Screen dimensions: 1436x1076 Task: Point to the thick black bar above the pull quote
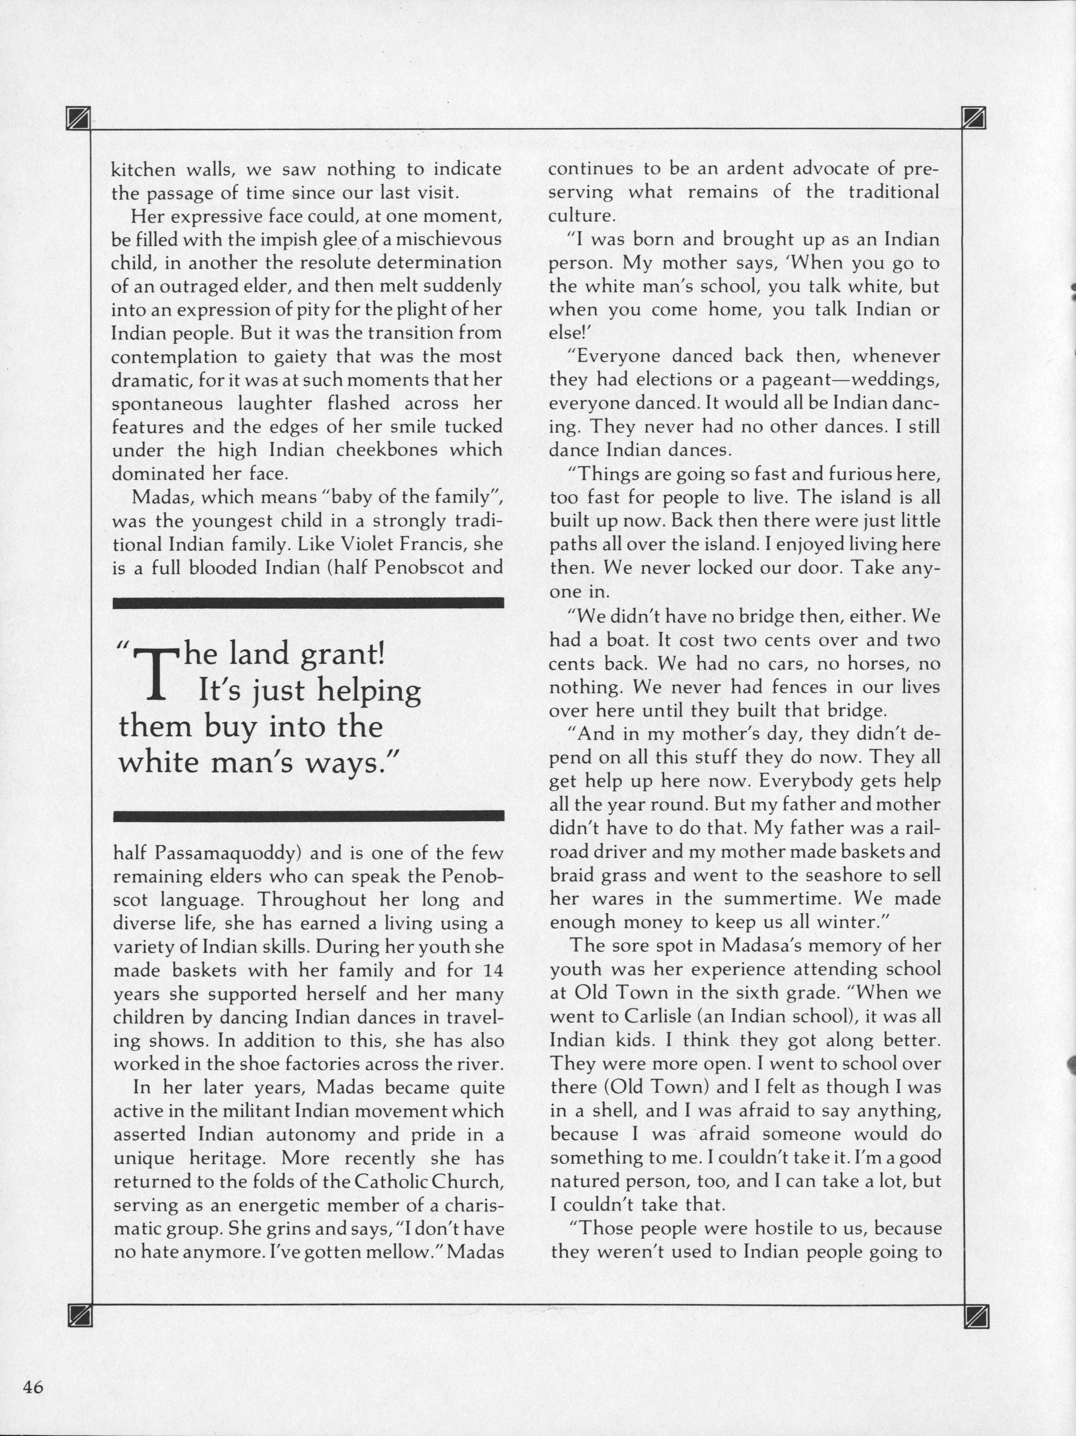pos(308,603)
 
